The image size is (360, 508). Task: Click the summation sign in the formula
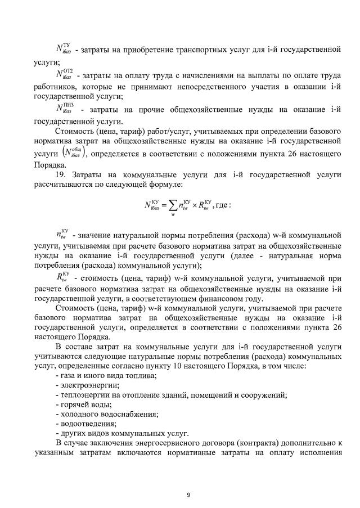tap(173, 205)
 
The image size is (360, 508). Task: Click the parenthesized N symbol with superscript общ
tap(72, 152)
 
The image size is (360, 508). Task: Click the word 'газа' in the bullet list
tap(69, 375)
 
